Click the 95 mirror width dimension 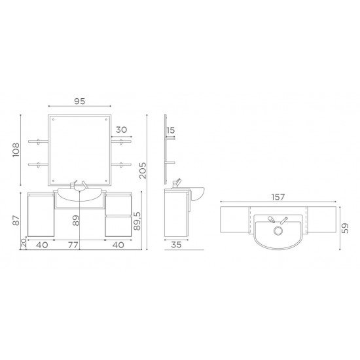(x=80, y=101)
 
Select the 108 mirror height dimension (x=16, y=150)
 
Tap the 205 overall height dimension (x=143, y=171)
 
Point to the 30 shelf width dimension (x=122, y=130)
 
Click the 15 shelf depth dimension (x=171, y=130)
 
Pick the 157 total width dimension (x=278, y=197)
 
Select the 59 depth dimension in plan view (x=345, y=228)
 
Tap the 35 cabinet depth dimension (x=176, y=245)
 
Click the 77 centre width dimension (x=73, y=245)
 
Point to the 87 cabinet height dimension (x=16, y=220)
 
